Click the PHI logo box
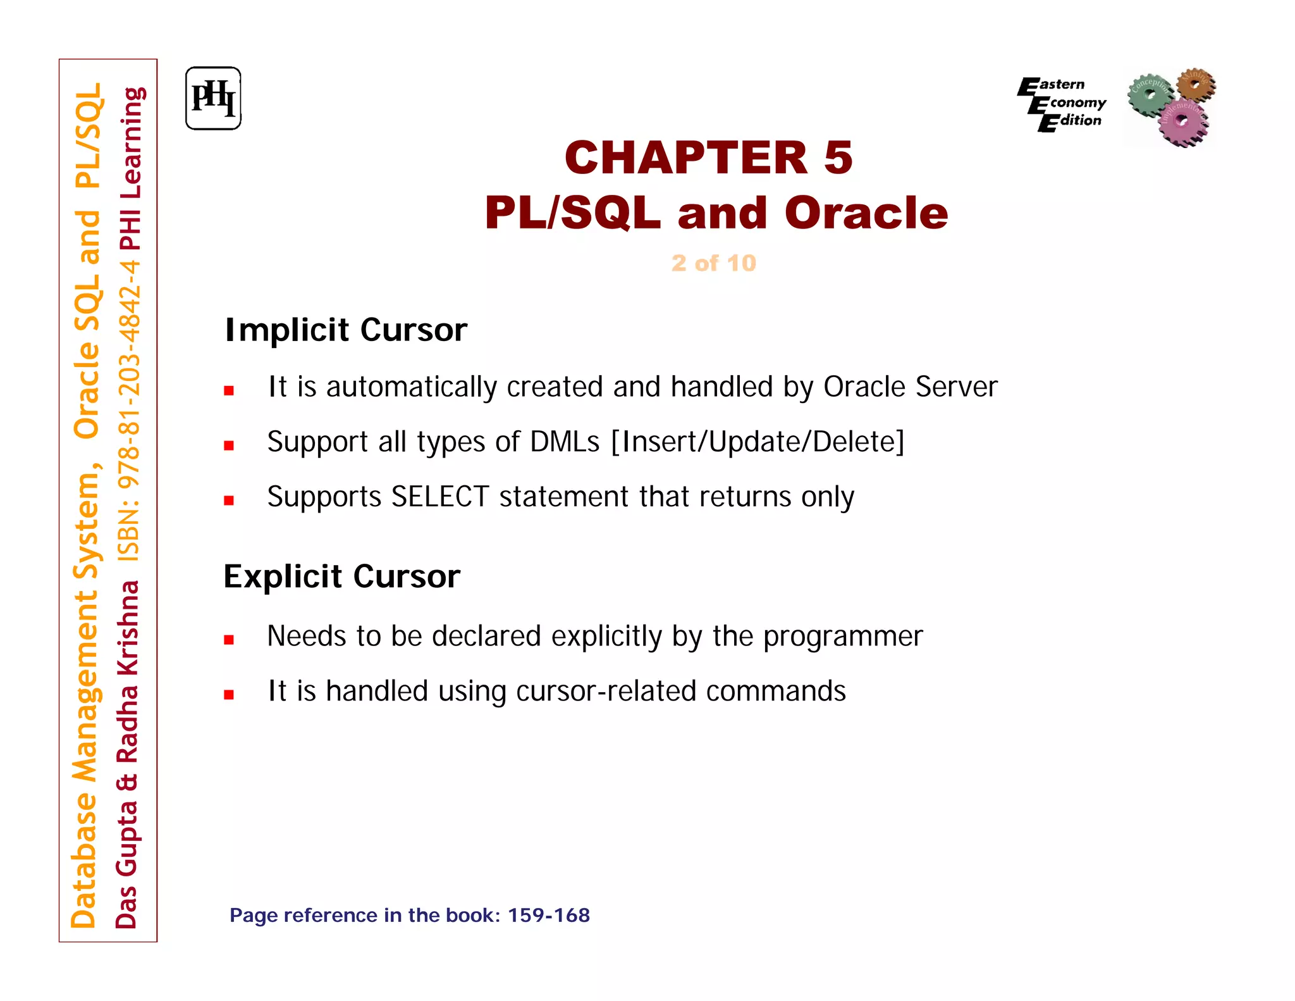click(213, 99)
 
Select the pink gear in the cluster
click(1183, 121)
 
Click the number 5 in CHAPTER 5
click(838, 158)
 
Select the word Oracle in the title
click(866, 213)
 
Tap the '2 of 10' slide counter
click(713, 263)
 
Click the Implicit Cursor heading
click(346, 330)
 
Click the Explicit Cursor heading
click(341, 576)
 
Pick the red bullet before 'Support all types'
click(229, 445)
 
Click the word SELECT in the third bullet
click(440, 497)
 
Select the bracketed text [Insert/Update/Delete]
click(758, 442)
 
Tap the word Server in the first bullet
click(956, 387)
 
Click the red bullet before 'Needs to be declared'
click(229, 640)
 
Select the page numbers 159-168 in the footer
click(548, 916)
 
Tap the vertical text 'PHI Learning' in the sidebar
click(130, 168)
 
